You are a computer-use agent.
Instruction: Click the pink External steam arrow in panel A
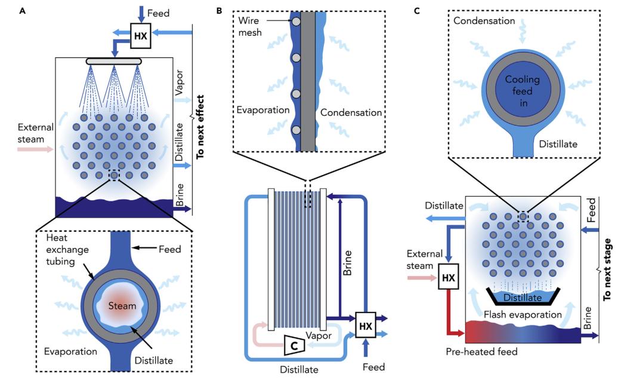[x=34, y=149]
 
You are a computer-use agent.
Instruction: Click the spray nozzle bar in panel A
[x=114, y=61]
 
